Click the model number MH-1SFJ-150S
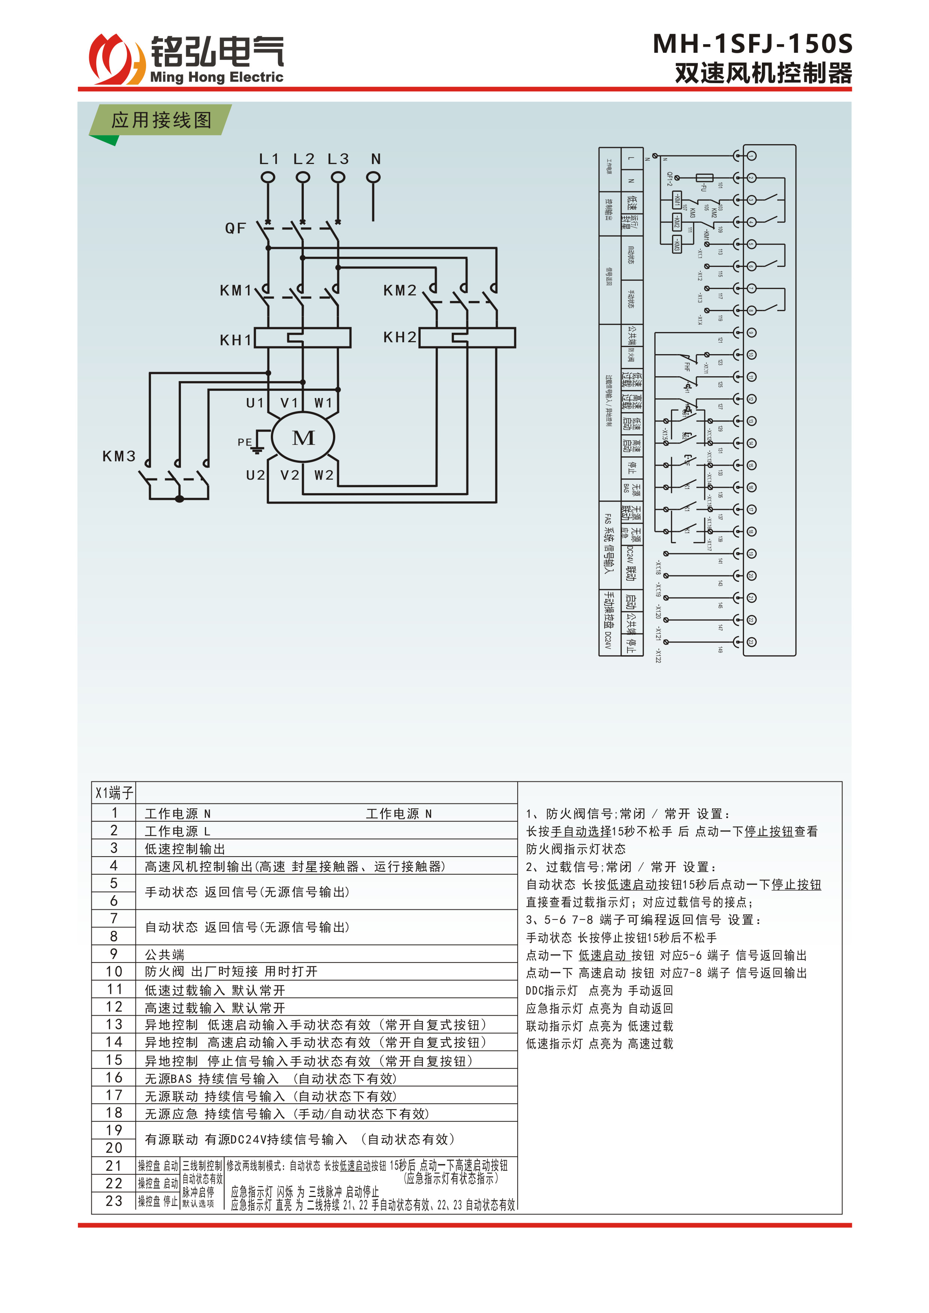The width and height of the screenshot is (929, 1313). coord(752,44)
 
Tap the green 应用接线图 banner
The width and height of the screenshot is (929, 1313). coord(161,120)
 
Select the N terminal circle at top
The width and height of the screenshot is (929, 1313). coord(373,178)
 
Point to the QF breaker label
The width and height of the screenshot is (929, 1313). coord(235,229)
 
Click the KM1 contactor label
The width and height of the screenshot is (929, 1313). coord(235,291)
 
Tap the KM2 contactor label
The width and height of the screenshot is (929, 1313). coord(399,291)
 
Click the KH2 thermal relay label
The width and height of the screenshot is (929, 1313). coord(399,337)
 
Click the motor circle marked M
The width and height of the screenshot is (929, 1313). coord(303,438)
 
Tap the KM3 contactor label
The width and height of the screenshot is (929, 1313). coord(119,456)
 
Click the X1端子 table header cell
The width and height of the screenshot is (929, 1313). coord(114,793)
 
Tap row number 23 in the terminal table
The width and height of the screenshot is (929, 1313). coord(114,1201)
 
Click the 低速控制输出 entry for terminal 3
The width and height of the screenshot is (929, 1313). coord(184,849)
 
